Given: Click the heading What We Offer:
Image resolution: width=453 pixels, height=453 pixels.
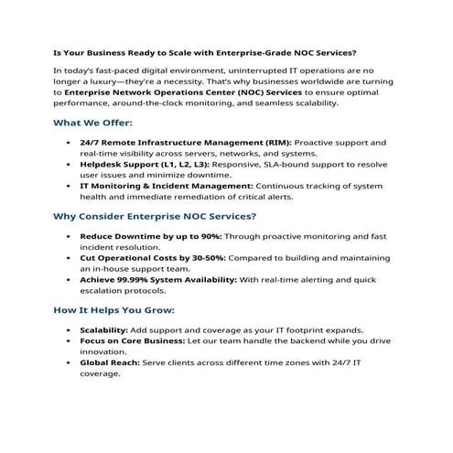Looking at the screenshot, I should click(x=93, y=122).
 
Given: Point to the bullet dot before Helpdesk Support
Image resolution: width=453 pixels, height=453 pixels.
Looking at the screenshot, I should click(x=70, y=164).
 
